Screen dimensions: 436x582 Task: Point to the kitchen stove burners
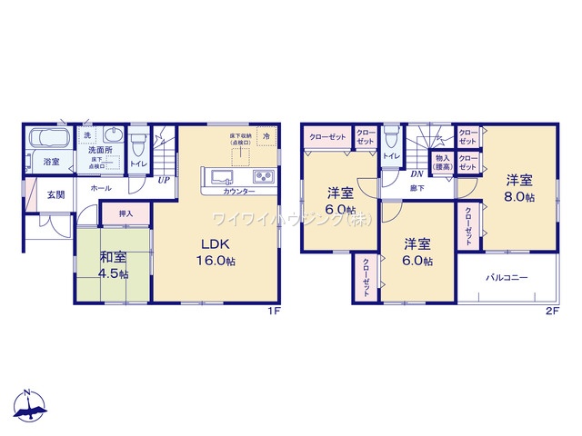click(263, 175)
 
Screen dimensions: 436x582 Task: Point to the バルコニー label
click(507, 278)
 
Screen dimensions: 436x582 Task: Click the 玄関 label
click(55, 193)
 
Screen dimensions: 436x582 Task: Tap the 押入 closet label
click(125, 213)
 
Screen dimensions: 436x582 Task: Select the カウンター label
click(239, 191)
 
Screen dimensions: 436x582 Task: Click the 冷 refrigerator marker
click(267, 136)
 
